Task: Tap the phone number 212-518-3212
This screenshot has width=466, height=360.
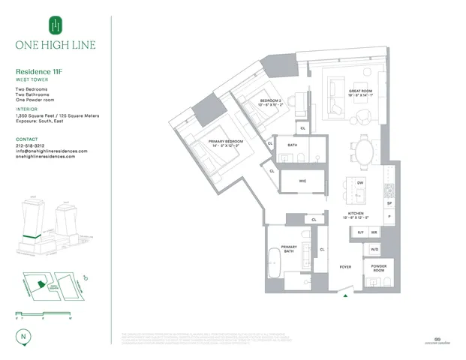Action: pos(37,145)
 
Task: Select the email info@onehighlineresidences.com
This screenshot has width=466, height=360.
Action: pos(51,151)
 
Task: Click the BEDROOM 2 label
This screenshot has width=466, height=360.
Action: pos(271,100)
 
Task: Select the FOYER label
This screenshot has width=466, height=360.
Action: pos(345,266)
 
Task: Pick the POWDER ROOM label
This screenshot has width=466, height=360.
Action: pos(377,268)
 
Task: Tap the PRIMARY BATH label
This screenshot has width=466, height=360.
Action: pos(290,249)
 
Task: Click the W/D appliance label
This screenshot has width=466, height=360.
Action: pos(374,248)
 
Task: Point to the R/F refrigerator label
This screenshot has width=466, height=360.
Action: pos(359,232)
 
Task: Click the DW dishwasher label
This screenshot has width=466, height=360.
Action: pos(360,182)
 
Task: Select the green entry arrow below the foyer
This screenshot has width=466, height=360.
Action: pos(345,296)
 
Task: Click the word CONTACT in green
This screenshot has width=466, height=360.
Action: pos(26,139)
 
